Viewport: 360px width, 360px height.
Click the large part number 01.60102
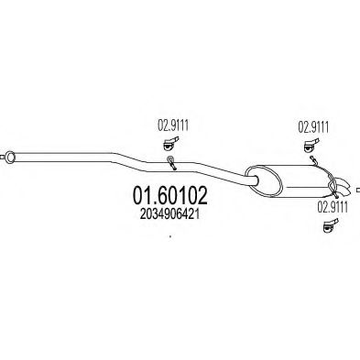point(170,195)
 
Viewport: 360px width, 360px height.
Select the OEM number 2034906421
point(169,214)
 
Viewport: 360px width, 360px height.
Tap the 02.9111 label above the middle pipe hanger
point(173,125)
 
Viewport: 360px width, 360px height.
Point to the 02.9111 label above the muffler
point(313,127)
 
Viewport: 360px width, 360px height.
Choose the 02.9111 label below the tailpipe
point(333,208)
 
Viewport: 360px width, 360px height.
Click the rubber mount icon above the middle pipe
point(170,144)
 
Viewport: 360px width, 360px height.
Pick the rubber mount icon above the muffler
point(311,146)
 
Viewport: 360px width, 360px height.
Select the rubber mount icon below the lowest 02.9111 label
point(331,225)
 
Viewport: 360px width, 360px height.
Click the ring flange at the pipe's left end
point(10,158)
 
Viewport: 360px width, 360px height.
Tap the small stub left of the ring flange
point(3,158)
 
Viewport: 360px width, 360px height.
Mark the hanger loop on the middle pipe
point(171,162)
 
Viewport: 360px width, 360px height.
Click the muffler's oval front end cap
point(265,180)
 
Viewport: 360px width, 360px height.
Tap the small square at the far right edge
point(358,190)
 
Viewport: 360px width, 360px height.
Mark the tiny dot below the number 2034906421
point(170,236)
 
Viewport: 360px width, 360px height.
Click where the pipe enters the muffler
point(253,180)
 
